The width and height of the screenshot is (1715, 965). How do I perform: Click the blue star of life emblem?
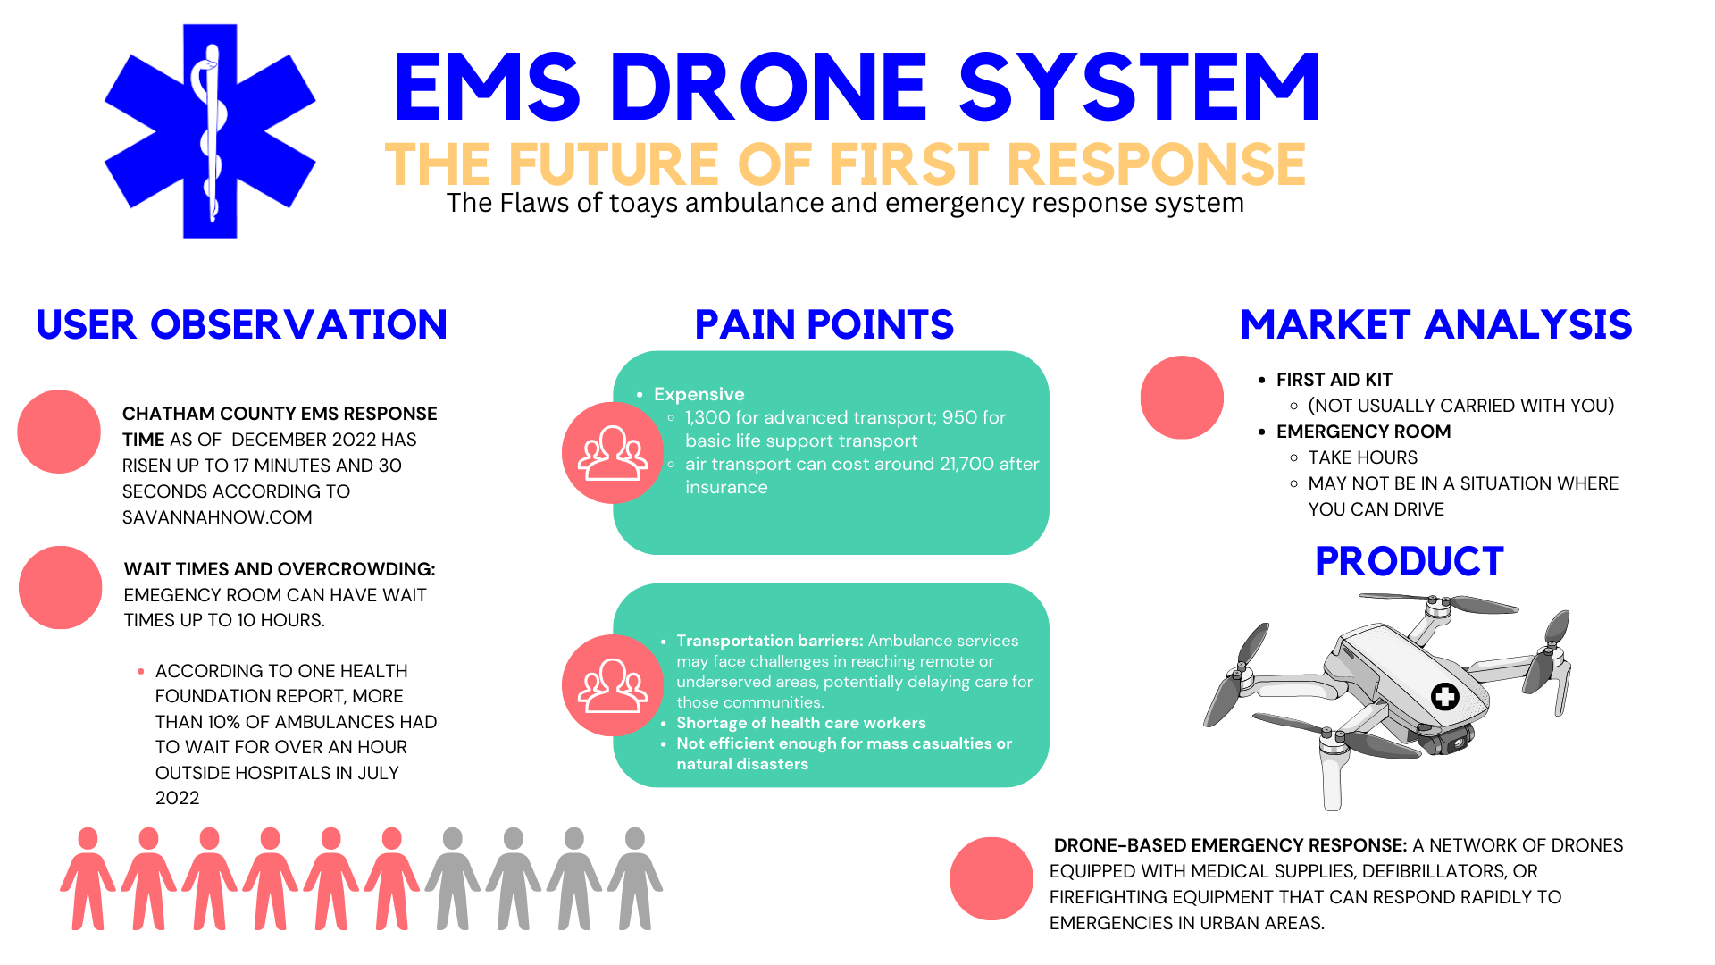210,131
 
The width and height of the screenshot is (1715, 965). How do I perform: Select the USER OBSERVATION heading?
241,324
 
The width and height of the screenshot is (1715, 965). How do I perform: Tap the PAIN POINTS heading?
824,324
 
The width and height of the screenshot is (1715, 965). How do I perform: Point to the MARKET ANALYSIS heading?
1435,324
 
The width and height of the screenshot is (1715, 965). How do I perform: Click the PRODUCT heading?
1409,562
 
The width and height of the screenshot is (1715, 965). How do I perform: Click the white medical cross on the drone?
1444,696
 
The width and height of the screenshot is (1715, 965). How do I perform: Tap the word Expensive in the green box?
699,394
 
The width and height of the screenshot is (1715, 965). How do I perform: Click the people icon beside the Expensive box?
613,453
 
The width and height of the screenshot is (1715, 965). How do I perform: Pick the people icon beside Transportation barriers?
613,685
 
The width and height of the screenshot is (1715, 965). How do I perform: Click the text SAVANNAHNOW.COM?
217,517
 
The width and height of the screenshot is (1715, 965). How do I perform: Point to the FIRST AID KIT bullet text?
1334,380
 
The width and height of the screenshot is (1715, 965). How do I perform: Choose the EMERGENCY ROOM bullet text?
1363,432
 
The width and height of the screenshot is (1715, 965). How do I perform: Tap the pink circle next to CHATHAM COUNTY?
59,432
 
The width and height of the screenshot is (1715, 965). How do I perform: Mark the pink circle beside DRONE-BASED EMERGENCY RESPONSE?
991,878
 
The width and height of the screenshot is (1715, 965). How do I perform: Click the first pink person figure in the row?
88,878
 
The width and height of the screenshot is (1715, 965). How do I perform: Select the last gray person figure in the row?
635,878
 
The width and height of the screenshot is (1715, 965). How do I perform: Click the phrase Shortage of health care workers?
800,723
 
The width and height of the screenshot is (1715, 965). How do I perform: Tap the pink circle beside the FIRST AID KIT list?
1182,398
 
